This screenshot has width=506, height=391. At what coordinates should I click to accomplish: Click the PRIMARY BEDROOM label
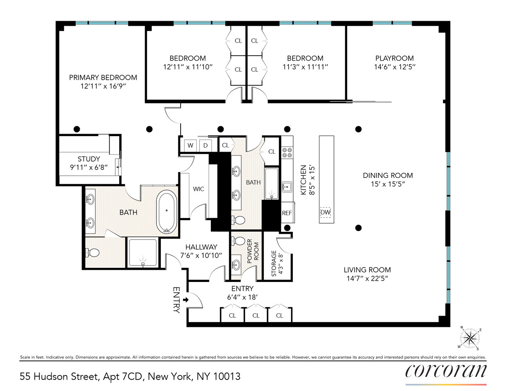pos(103,77)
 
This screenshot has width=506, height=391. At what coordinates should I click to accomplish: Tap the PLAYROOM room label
pos(394,58)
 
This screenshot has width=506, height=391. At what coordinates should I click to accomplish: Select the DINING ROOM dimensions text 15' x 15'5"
pos(388,184)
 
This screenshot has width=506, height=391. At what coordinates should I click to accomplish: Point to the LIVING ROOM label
pos(367,270)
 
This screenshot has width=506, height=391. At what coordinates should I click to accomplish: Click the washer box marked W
pos(190,145)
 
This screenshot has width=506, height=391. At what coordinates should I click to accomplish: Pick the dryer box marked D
pos(205,145)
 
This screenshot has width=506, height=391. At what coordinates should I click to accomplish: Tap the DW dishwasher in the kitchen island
pos(325,212)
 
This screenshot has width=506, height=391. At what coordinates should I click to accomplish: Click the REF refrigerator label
pos(287,213)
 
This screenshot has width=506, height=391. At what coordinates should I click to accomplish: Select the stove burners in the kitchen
pos(287,152)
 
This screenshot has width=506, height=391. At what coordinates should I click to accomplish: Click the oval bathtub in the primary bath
pos(167,212)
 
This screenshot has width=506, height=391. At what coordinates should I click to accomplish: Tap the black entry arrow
pos(186,300)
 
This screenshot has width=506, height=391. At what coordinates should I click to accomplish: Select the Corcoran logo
pos(446,371)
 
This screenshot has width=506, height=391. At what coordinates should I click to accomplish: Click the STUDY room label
pos(89,159)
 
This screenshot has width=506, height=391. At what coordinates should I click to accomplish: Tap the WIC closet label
pos(198,189)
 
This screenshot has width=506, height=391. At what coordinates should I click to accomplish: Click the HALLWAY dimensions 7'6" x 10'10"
pos(201,256)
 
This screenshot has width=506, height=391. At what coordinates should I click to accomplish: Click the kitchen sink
pos(287,187)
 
